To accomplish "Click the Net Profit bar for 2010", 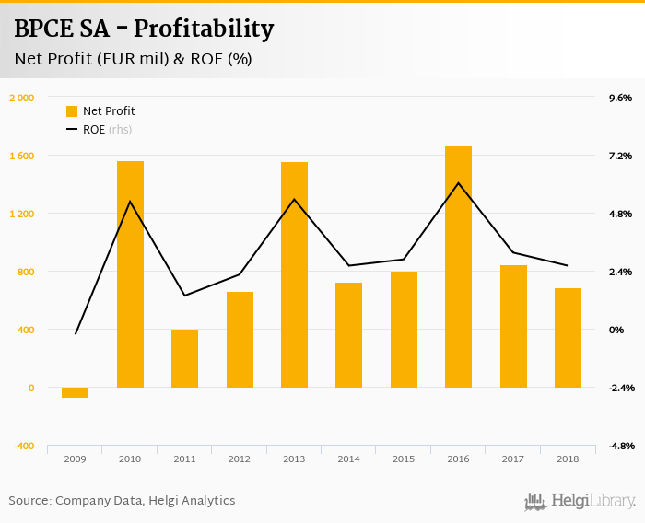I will click(130, 274).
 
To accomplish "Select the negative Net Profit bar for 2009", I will click(76, 393).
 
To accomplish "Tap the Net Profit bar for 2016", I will click(458, 267).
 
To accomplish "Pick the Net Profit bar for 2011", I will click(184, 358).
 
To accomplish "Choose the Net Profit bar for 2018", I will click(568, 338).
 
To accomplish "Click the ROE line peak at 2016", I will click(458, 182).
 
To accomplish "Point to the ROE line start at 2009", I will click(76, 333).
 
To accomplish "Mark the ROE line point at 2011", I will click(184, 296).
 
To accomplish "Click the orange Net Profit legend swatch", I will click(72, 111).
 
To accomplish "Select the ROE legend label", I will click(94, 130).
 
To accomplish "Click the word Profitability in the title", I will click(204, 29).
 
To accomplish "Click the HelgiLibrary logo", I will click(580, 501).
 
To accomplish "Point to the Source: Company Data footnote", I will click(122, 501).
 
